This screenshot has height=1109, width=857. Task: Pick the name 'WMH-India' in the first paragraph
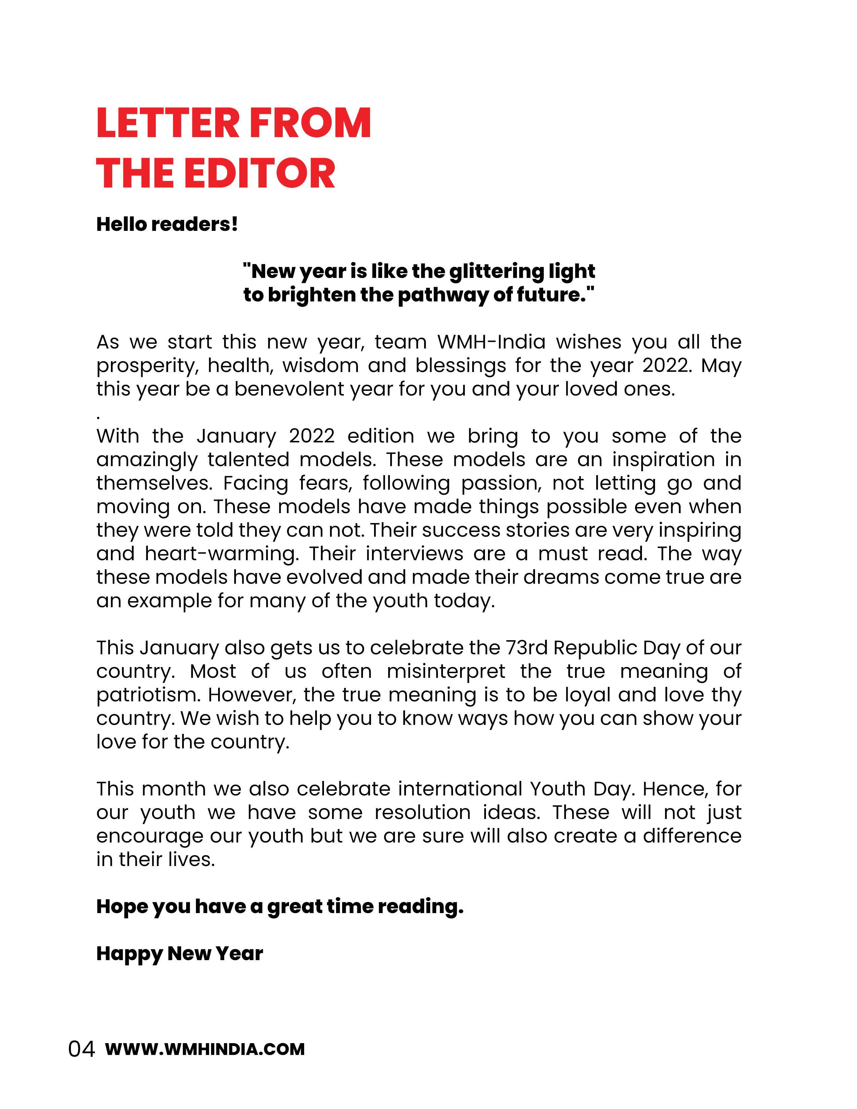click(491, 342)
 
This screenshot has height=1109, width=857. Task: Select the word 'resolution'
click(422, 813)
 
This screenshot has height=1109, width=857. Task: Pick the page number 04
click(82, 1050)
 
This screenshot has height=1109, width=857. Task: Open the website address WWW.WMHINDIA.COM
click(205, 1050)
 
